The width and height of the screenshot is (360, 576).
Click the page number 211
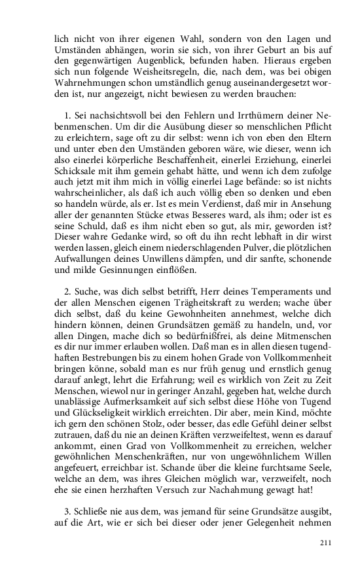pos(325,543)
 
